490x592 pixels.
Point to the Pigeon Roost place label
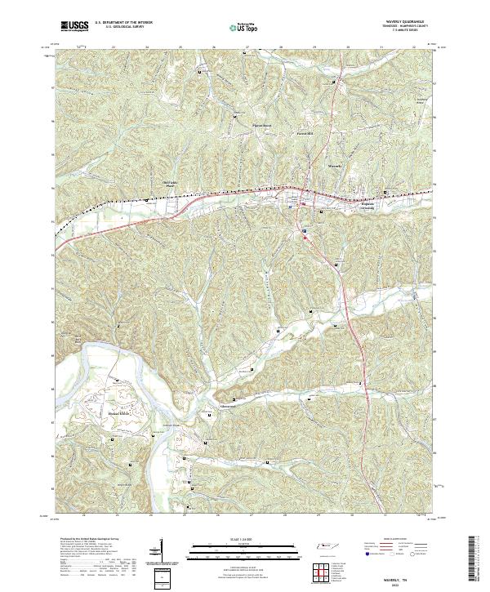point(261,125)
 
